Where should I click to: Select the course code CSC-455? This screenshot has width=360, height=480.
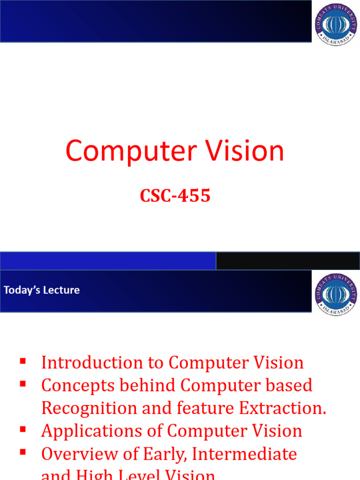coord(175,196)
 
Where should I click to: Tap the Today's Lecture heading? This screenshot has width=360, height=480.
coord(42,290)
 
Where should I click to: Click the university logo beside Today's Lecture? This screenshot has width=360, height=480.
coord(336,294)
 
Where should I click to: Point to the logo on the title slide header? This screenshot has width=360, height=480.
coord(336,24)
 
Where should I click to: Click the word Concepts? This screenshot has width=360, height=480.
coord(77,385)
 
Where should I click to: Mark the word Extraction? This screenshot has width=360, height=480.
coord(283,408)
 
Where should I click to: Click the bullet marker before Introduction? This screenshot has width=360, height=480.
coord(22,361)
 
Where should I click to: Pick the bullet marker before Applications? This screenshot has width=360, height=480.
coord(22,430)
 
